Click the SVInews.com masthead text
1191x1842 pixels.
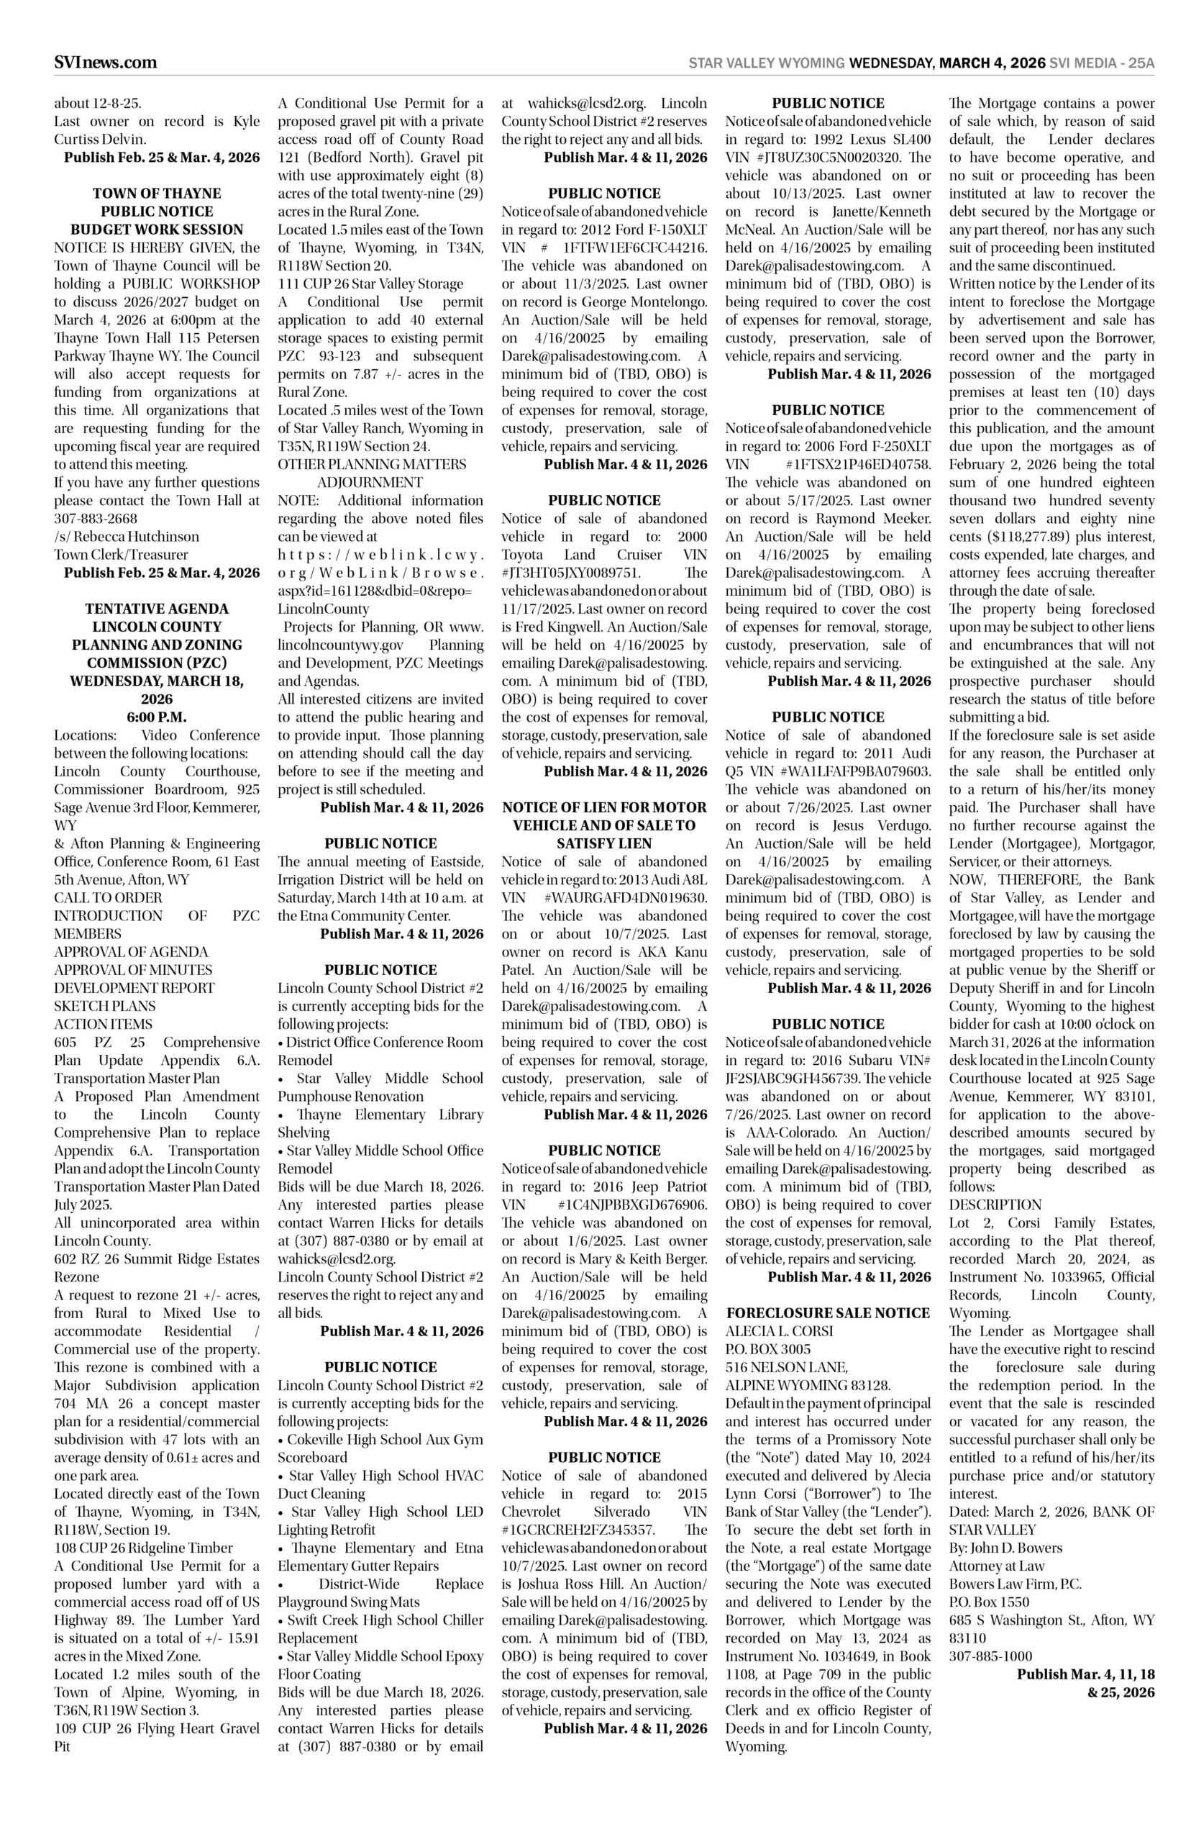coord(105,63)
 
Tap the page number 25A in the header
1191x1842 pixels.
coord(1141,63)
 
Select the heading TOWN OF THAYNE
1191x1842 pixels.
coord(157,194)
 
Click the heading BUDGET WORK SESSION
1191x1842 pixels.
coord(157,230)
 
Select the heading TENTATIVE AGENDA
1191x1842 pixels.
coord(157,609)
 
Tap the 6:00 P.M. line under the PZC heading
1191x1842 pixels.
coord(157,717)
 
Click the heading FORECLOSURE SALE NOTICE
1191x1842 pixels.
coord(829,1313)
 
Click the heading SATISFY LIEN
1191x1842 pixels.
coord(604,843)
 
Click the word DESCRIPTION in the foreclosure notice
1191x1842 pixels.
coord(995,1204)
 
